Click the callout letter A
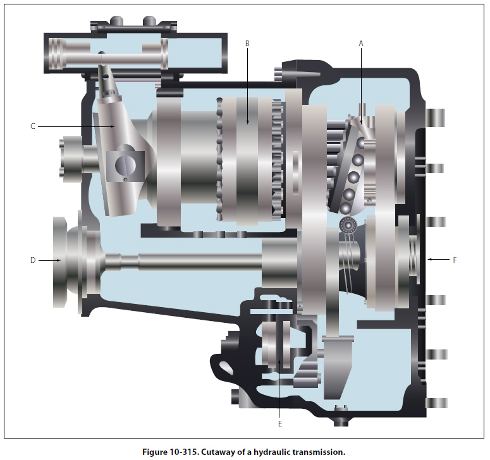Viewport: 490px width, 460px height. coord(361,44)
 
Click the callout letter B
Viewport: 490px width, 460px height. coord(247,44)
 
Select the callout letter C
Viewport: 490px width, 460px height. coord(33,126)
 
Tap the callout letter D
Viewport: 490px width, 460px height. coord(33,260)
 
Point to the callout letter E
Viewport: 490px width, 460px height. coord(279,424)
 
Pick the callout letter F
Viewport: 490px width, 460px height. coord(455,260)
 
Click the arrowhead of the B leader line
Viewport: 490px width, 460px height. coord(247,122)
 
